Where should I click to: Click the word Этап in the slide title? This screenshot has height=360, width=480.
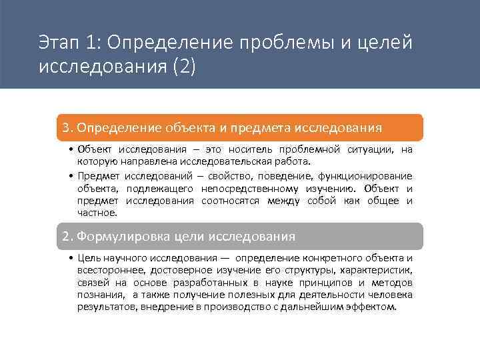point(59,43)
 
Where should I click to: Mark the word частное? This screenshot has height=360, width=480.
point(97,213)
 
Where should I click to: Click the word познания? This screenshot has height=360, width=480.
point(101,295)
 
